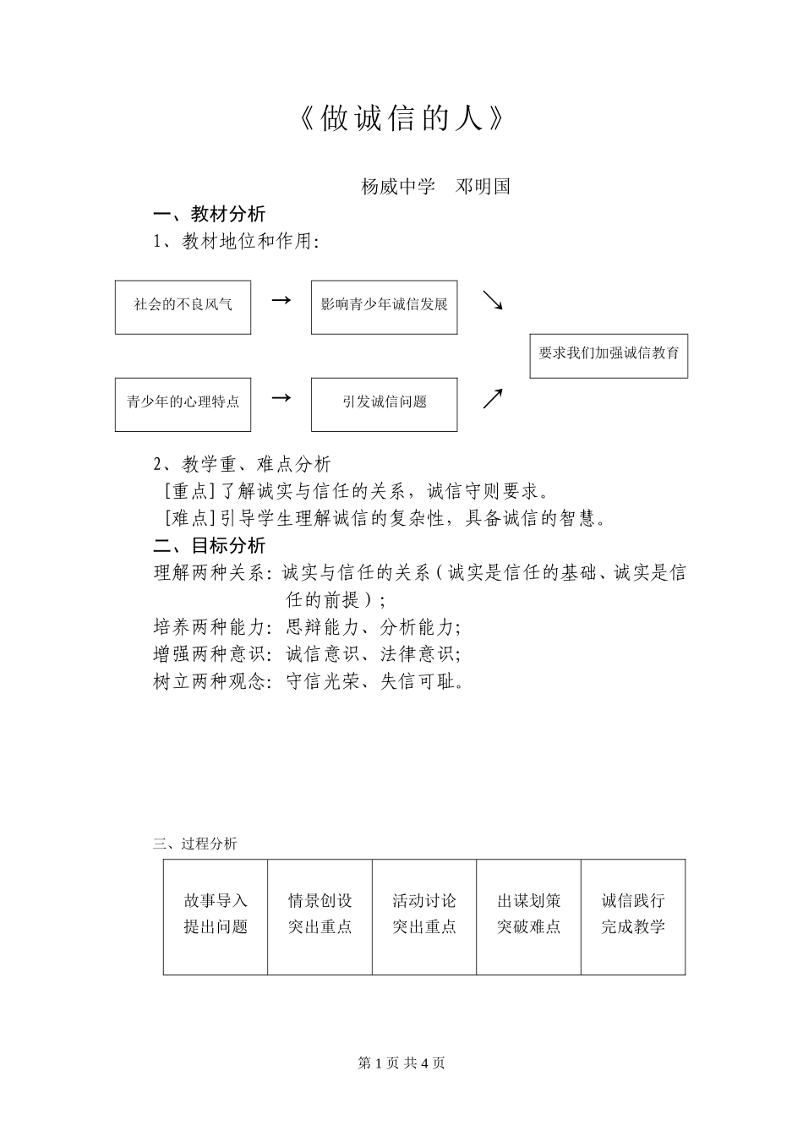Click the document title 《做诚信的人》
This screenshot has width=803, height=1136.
[401, 119]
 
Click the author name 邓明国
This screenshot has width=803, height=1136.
[483, 187]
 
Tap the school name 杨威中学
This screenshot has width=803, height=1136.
[398, 187]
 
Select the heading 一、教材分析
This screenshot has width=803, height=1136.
[209, 214]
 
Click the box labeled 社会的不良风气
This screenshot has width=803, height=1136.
[183, 307]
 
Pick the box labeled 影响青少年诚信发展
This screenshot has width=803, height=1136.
[384, 307]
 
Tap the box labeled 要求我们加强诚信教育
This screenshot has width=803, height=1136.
[609, 353]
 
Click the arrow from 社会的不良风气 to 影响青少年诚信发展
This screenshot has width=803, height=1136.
[281, 300]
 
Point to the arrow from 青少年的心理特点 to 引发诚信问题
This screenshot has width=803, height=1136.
[281, 397]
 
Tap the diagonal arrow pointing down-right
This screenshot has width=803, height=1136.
[493, 301]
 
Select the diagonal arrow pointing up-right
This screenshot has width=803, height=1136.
[493, 399]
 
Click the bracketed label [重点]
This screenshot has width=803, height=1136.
[188, 491]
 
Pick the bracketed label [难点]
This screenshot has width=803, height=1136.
[188, 518]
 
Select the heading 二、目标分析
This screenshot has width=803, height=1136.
[209, 545]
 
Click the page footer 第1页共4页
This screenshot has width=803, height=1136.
[401, 1063]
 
